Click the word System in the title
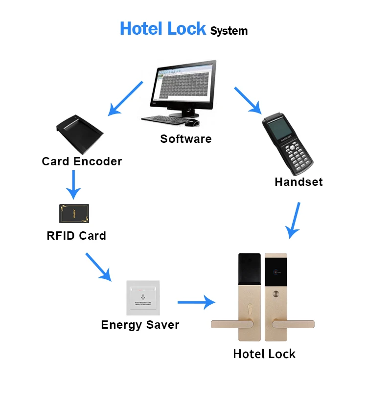[229, 31]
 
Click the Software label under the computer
[186, 139]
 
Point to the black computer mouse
[194, 122]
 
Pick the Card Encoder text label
[82, 161]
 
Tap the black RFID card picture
[74, 214]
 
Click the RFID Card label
[76, 236]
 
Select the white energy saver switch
[143, 298]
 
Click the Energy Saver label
[140, 325]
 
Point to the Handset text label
[298, 182]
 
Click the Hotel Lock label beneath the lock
[264, 354]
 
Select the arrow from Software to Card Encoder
[125, 98]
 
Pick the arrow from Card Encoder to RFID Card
[73, 184]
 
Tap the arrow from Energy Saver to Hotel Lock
[196, 302]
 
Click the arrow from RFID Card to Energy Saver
[98, 267]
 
